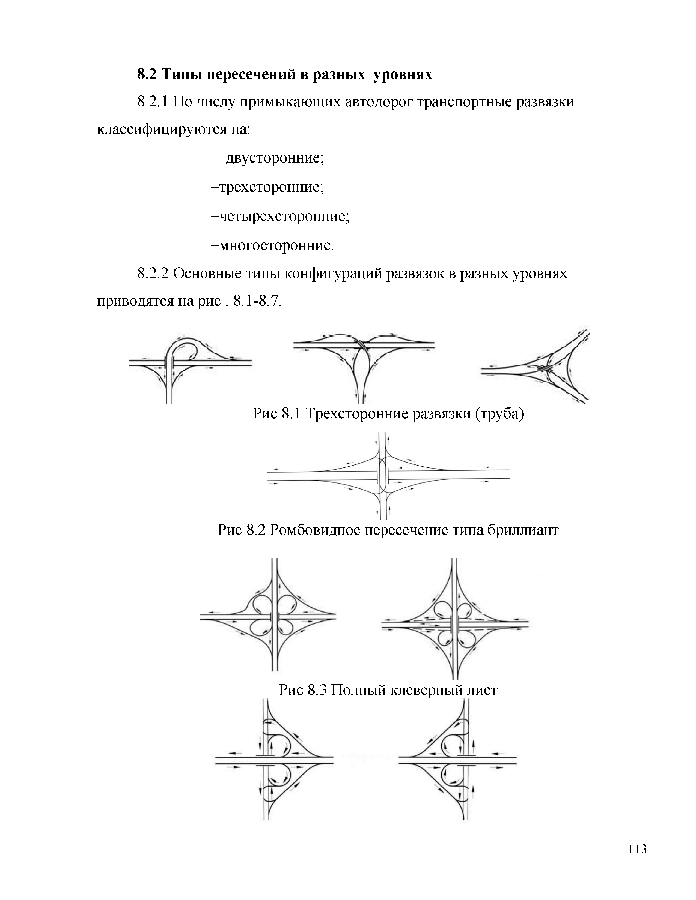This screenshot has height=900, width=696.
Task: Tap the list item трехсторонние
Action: click(x=271, y=188)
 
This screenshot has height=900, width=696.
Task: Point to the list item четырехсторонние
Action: click(x=284, y=216)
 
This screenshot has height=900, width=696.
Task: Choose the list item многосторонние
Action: click(x=276, y=246)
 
